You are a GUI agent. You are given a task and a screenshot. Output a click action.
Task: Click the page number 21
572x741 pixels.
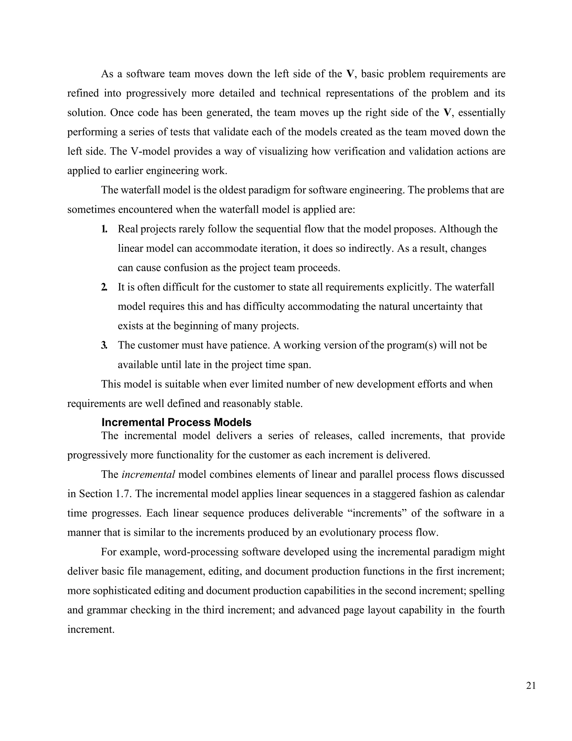pyautogui.click(x=531, y=686)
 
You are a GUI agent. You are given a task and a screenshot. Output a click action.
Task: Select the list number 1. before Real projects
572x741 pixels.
pyautogui.click(x=104, y=229)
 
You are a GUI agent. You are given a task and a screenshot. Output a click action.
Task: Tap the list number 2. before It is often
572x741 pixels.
pyautogui.click(x=104, y=287)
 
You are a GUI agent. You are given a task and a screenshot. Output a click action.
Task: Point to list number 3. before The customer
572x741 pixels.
pyautogui.click(x=104, y=345)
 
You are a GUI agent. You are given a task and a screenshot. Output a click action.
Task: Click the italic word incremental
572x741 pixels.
pyautogui.click(x=148, y=474)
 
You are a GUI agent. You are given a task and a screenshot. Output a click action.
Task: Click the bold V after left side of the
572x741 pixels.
pyautogui.click(x=350, y=74)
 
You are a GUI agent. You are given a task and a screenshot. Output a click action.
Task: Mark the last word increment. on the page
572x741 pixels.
pyautogui.click(x=91, y=630)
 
